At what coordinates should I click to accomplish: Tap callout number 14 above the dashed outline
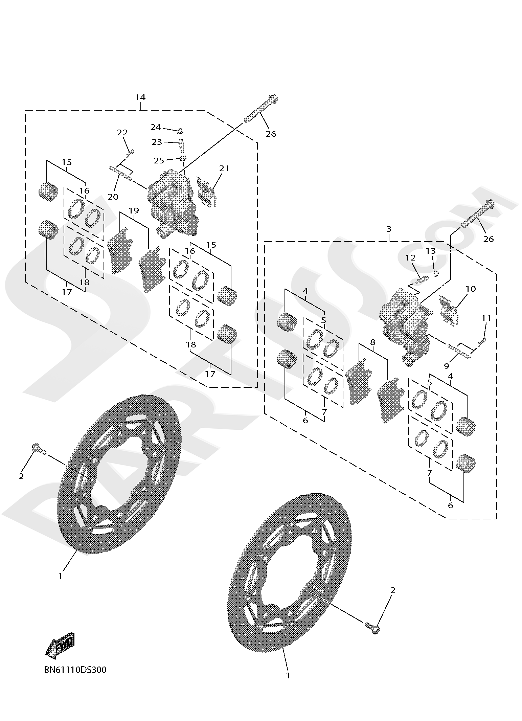point(140,97)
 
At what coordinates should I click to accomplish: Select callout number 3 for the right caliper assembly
point(389,229)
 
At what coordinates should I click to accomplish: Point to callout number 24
point(156,127)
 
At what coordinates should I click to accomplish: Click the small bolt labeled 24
point(180,130)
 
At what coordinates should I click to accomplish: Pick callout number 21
point(224,168)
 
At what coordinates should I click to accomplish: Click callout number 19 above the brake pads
point(134,211)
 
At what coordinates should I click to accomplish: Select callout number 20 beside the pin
point(113,197)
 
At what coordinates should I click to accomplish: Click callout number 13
point(431,251)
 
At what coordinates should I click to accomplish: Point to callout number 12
point(410,258)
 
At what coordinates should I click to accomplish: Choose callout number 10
point(471,289)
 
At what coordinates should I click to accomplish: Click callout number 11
point(486,318)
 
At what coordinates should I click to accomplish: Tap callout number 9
point(446,366)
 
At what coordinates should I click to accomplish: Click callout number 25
point(159,160)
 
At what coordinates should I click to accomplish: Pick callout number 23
point(157,142)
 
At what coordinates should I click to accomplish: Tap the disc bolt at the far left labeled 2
point(38,449)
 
